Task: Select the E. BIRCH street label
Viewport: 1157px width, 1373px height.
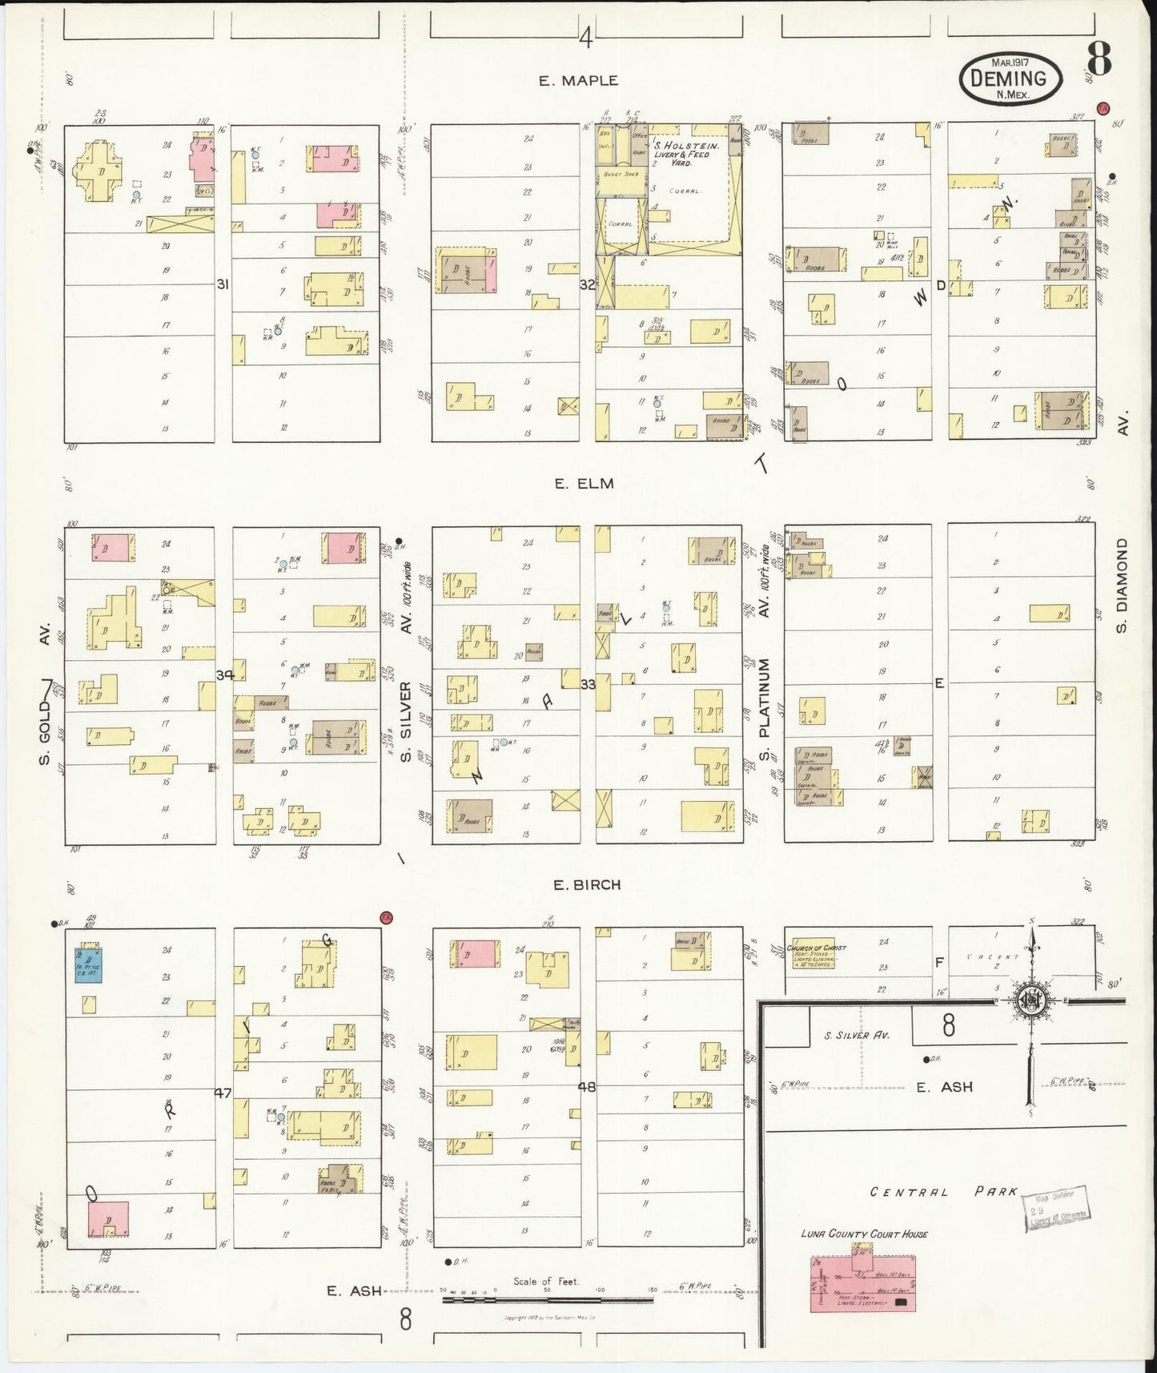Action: tap(587, 885)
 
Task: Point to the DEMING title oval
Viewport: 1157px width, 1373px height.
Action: tap(1010, 79)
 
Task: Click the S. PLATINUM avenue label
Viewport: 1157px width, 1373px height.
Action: tap(765, 710)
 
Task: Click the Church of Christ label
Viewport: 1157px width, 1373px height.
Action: tap(817, 948)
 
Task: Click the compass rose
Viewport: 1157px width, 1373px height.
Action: tap(1032, 1001)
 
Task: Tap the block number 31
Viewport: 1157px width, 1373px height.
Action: tap(223, 283)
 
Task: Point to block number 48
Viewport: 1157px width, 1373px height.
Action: tap(587, 1087)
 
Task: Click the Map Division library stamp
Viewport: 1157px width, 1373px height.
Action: tap(1058, 1208)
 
